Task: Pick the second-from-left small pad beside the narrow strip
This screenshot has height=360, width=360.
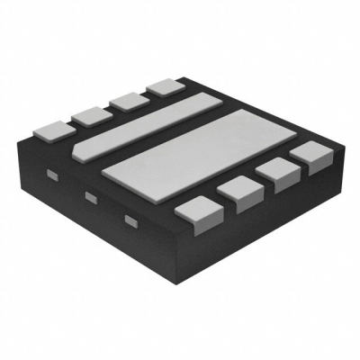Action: click(x=89, y=113)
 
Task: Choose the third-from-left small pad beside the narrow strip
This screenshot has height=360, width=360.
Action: click(x=126, y=100)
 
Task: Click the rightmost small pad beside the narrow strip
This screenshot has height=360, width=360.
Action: click(x=163, y=86)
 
